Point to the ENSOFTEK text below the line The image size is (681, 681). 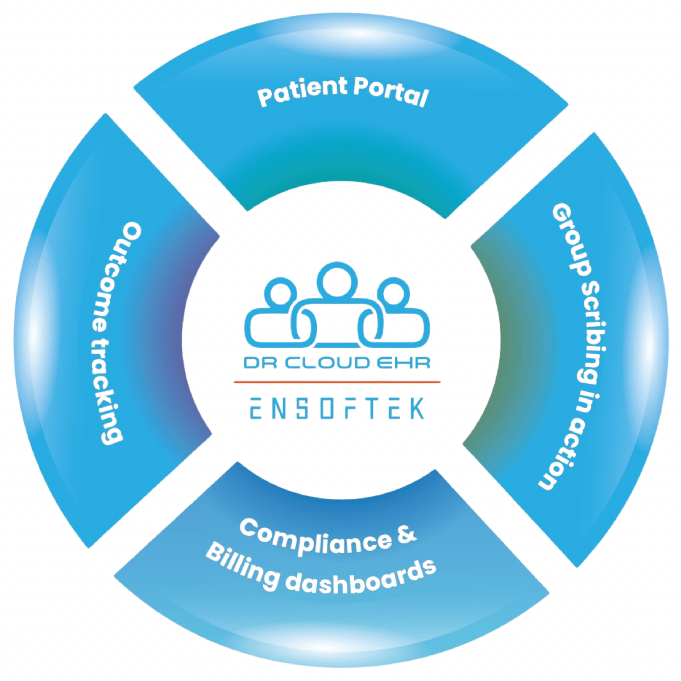point(337,409)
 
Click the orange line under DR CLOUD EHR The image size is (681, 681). point(337,381)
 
